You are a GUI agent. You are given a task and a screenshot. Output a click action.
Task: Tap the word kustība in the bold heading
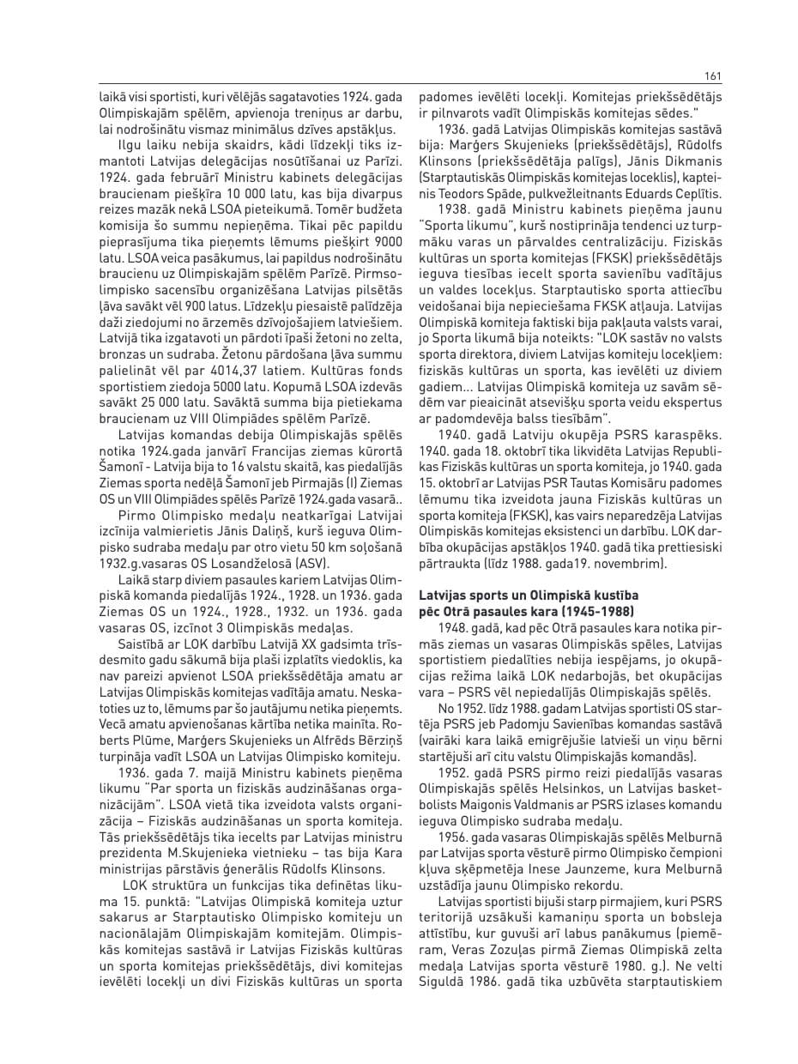pyautogui.click(x=617, y=595)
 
